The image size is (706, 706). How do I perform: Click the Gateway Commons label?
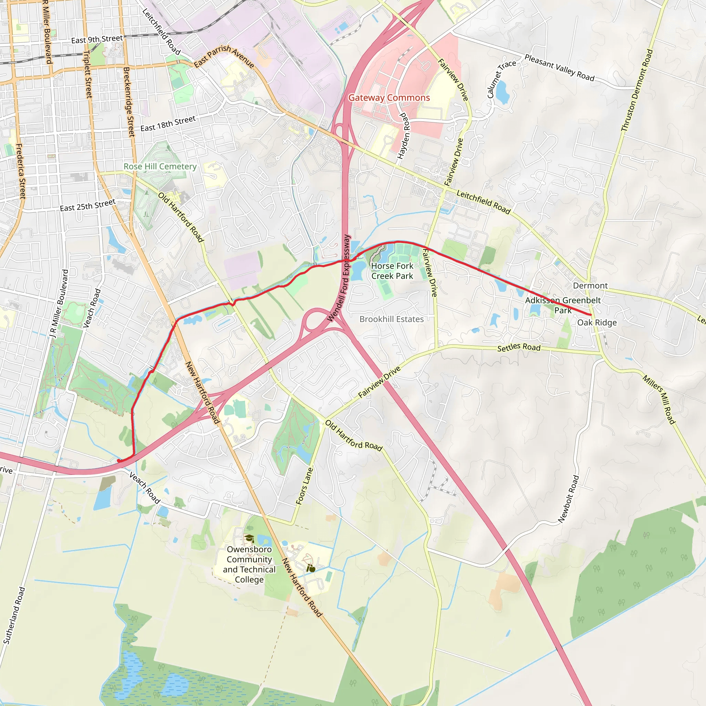pyautogui.click(x=389, y=98)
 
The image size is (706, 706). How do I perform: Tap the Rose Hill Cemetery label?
pyautogui.click(x=160, y=167)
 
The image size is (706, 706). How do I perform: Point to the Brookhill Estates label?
pyautogui.click(x=391, y=319)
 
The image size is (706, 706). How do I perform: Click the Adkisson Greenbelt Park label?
pyautogui.click(x=563, y=305)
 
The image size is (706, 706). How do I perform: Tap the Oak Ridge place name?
pyautogui.click(x=597, y=322)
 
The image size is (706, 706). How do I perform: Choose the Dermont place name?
pyautogui.click(x=590, y=285)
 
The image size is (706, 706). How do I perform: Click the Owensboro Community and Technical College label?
pyautogui.click(x=249, y=564)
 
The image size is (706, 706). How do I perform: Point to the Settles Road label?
pyautogui.click(x=518, y=347)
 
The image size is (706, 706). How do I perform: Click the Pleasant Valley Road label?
pyautogui.click(x=559, y=68)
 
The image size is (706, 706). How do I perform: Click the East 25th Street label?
pyautogui.click(x=88, y=205)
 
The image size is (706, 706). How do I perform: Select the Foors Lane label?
pyautogui.click(x=304, y=486)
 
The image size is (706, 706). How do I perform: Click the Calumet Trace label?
pyautogui.click(x=501, y=79)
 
